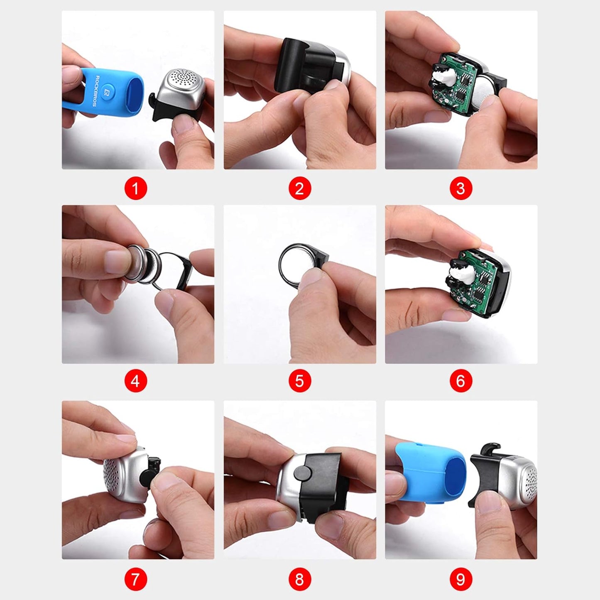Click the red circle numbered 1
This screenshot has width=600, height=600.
pos(135,189)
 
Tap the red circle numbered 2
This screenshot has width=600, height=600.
pos(299,189)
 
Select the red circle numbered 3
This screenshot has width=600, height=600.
pos(460,189)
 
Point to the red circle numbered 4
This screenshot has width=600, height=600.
pos(135,381)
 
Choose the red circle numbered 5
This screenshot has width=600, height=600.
pos(299,381)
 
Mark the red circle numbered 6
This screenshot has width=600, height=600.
pos(460,381)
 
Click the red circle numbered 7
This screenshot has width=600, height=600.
pos(135,579)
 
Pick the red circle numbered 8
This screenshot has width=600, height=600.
pos(299,579)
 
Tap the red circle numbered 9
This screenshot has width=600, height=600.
pos(460,579)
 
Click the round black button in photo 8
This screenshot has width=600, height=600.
pos(304,473)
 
